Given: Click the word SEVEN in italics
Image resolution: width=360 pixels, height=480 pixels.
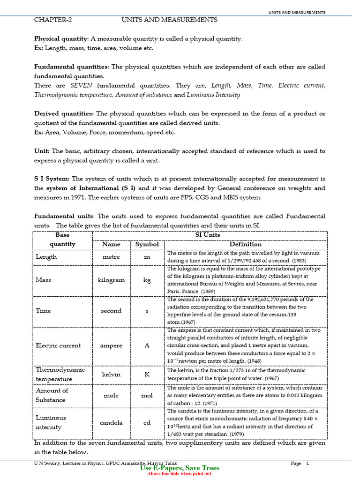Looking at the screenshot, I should pos(81,86).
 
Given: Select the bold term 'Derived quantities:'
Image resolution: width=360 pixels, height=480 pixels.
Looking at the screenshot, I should pos(64,114).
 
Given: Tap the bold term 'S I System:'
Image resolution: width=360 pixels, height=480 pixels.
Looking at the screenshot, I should pos(52,179).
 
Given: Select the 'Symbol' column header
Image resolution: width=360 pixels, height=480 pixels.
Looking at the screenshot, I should pos(147,244).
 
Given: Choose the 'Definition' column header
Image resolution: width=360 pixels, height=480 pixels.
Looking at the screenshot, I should pos(245,244).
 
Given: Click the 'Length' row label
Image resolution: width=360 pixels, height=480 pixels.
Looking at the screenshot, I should pos(46,257).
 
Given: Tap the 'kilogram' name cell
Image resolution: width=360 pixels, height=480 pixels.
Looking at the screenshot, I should pos(111,280).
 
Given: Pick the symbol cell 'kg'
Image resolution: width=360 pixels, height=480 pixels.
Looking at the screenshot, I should pos(147,280).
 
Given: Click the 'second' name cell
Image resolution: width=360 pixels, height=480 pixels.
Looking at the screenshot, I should pos(111,311).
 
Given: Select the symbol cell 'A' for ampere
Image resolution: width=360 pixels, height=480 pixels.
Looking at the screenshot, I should pos(147,345).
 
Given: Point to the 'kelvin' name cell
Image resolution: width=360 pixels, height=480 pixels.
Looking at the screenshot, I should pos(111,375).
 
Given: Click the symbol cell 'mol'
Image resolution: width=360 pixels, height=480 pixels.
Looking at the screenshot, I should pos(147,395).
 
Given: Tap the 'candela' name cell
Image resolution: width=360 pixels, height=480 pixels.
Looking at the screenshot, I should pos(111,422).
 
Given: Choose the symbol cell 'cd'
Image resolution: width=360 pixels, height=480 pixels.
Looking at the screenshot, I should pos(147,422).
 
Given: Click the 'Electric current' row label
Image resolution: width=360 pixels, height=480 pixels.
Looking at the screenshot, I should pos(58,345).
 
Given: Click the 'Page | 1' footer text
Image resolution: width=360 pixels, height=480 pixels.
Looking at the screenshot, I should pos(300,463).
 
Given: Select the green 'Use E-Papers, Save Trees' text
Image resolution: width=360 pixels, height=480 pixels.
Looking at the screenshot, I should pos(180,468).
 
